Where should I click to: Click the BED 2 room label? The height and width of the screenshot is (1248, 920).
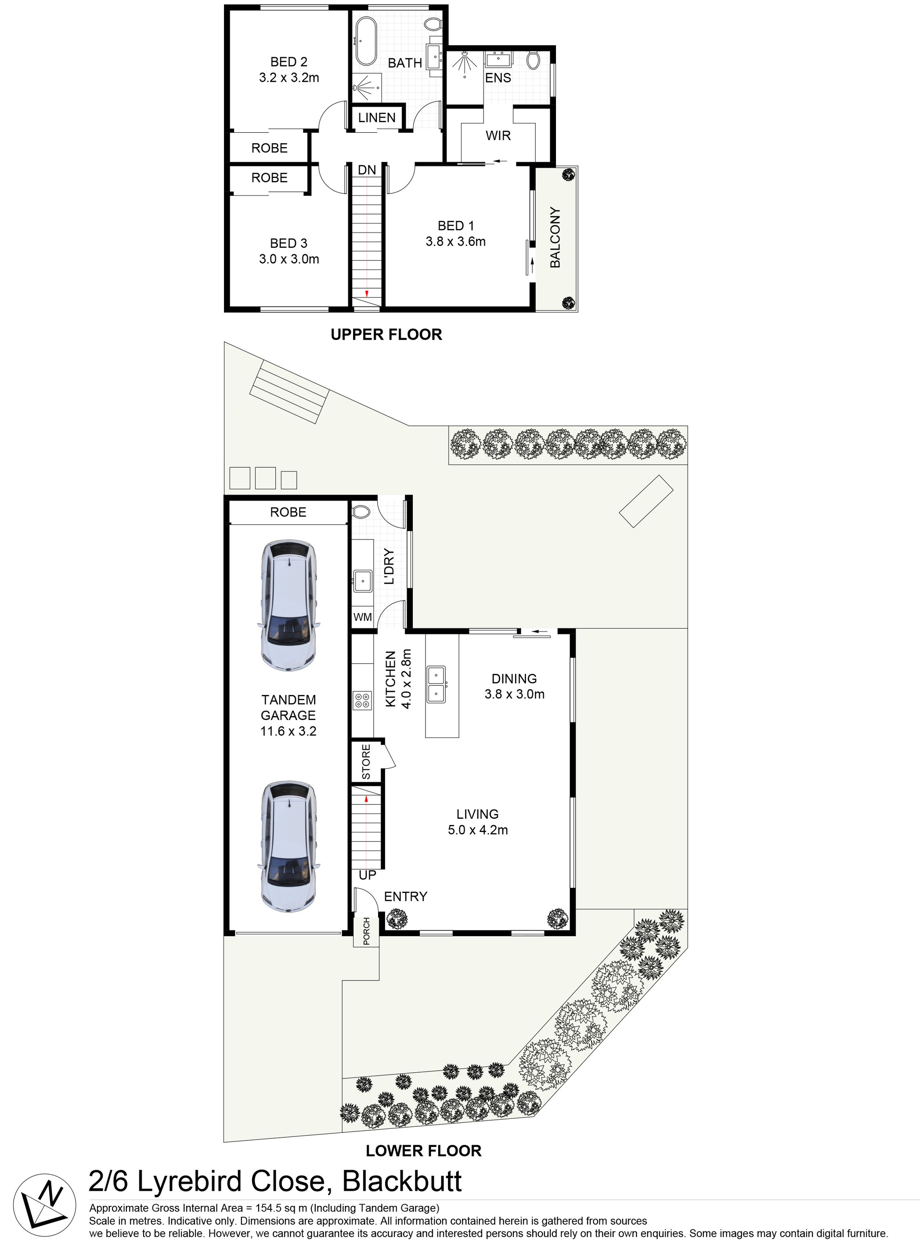(x=289, y=62)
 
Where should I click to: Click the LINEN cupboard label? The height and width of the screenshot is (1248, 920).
(x=376, y=118)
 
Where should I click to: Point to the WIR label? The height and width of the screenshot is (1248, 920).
(x=498, y=135)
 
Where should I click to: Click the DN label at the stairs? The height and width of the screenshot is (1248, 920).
(x=366, y=170)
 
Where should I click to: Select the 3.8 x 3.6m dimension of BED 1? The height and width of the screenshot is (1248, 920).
(x=455, y=241)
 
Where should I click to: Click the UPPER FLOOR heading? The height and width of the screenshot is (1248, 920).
(x=386, y=334)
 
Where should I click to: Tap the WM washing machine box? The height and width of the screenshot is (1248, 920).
(x=362, y=617)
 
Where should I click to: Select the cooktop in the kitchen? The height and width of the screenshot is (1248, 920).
(x=362, y=700)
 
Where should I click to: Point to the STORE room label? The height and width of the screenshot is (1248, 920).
(x=366, y=761)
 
